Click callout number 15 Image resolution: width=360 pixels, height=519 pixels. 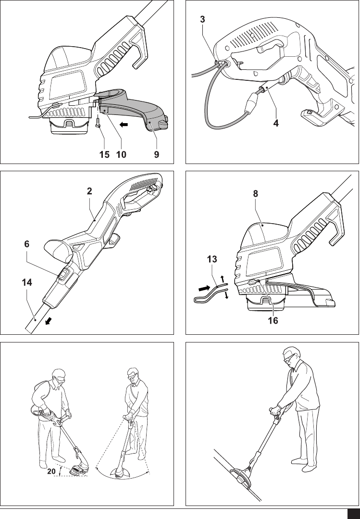point(105,154)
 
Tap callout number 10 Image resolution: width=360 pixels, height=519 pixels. point(121,154)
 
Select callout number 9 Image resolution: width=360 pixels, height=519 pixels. point(157,154)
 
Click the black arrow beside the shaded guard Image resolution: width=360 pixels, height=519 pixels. point(124,125)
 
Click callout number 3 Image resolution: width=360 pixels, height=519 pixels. point(202,20)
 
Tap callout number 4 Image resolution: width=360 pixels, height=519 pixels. point(276,124)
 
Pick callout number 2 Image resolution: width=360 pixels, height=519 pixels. point(89,191)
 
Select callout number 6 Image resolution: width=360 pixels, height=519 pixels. point(27,244)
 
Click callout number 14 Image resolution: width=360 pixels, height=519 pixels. point(27,282)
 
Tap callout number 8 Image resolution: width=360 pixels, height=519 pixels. point(255,194)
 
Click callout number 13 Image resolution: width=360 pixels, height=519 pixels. point(212,259)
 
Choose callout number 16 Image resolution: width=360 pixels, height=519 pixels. point(273,320)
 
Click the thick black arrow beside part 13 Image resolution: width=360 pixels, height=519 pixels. point(204,288)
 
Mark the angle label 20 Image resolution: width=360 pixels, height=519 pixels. point(51,471)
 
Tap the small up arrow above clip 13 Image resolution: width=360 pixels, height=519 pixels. point(222,278)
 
